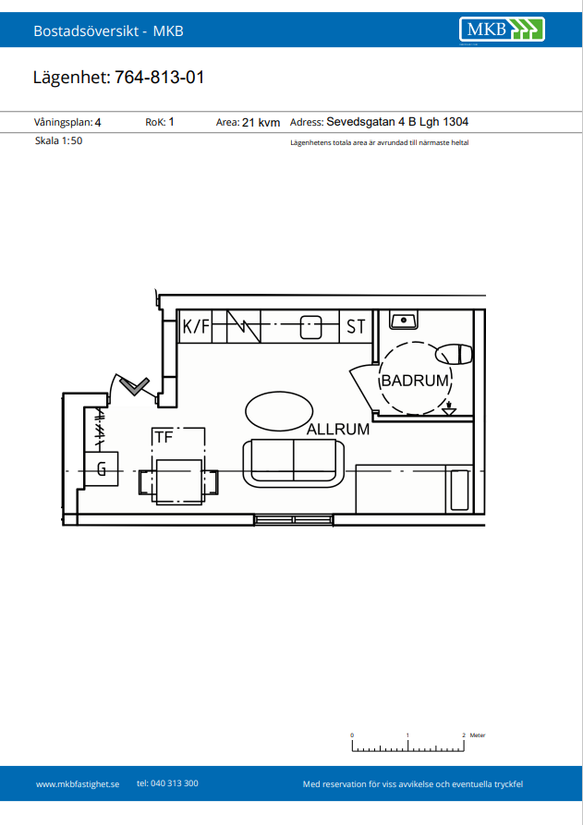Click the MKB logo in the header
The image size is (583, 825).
point(502,29)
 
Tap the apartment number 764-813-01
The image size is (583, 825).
point(160,78)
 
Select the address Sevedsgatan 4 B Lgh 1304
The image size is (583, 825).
point(397,122)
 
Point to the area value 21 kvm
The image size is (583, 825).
point(261,123)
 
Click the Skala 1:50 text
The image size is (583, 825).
point(58,140)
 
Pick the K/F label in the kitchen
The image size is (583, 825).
point(196,327)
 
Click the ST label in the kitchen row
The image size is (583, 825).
point(356,327)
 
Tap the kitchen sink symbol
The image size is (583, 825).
point(310,327)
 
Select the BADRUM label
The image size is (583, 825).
point(415,381)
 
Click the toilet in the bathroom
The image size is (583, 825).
point(454,354)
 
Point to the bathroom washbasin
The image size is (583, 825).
point(404,320)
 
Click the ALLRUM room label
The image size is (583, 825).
point(338,430)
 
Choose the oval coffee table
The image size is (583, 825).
point(279,411)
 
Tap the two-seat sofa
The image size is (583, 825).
point(294,462)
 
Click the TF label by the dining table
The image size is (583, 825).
point(164,437)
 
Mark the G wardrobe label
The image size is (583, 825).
point(102,467)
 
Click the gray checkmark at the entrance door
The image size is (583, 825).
point(135,386)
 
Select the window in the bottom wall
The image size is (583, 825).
point(294,520)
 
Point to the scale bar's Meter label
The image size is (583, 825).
point(478,735)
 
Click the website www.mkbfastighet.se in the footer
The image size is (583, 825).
point(78,784)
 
